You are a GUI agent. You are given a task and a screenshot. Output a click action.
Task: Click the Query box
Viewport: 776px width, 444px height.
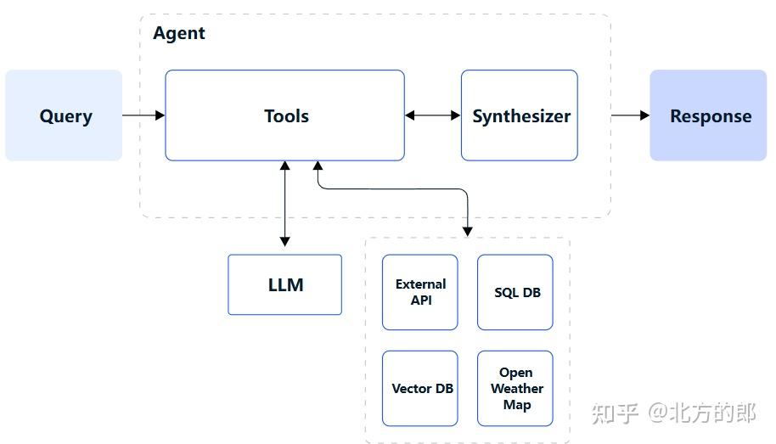(x=64, y=115)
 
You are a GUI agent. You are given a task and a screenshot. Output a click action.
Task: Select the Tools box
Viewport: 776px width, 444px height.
(x=284, y=115)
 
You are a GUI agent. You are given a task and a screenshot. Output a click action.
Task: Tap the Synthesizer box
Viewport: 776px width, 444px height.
(x=520, y=115)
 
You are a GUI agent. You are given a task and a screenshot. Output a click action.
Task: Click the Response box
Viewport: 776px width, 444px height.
(x=709, y=115)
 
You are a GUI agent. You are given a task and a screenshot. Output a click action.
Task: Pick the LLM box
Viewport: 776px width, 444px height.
(x=284, y=284)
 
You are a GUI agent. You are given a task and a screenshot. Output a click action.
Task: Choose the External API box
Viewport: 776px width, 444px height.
(x=419, y=292)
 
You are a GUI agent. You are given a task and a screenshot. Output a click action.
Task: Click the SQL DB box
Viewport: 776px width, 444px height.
(x=515, y=292)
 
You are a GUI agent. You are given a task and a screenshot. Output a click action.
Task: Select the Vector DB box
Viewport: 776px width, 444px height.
(x=419, y=388)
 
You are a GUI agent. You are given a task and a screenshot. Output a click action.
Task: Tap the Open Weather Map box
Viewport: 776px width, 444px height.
(x=515, y=388)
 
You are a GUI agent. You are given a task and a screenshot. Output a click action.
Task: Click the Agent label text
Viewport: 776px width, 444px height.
(x=179, y=33)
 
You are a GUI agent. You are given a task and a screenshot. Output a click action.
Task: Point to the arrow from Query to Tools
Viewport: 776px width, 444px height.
(x=143, y=115)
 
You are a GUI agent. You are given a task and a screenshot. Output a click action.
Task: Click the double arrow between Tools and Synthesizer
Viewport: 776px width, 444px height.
(x=432, y=115)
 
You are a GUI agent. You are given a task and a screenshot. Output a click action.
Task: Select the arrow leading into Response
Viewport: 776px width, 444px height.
(x=630, y=115)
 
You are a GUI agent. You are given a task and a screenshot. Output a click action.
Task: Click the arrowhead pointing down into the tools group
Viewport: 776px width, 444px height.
(x=467, y=230)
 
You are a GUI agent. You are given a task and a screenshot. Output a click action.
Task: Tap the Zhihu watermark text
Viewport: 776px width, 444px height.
(x=673, y=413)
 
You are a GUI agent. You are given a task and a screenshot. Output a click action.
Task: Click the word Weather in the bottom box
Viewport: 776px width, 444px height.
(x=516, y=389)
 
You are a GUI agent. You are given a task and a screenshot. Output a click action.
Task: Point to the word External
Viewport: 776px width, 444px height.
(x=420, y=284)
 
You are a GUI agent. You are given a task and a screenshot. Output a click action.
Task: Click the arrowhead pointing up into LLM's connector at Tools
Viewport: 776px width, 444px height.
(x=284, y=166)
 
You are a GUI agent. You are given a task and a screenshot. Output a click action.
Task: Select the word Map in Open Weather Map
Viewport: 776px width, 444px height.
(x=516, y=405)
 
